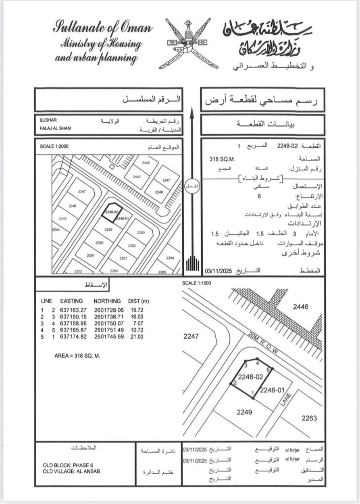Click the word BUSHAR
pos(48,120)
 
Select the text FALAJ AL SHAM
pos(55,128)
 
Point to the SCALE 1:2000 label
pos(54,146)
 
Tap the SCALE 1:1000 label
pos(196,283)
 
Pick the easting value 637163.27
pos(73,310)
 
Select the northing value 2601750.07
pos(109,323)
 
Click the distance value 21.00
pos(137,336)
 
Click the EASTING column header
pos(71,301)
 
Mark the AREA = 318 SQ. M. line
pos(77,356)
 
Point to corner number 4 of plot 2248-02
pos(257,363)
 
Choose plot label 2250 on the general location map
pos(99,243)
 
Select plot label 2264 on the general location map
pos(170,258)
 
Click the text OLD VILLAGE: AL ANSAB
pos(71,471)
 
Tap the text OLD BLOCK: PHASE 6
pos(68,465)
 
